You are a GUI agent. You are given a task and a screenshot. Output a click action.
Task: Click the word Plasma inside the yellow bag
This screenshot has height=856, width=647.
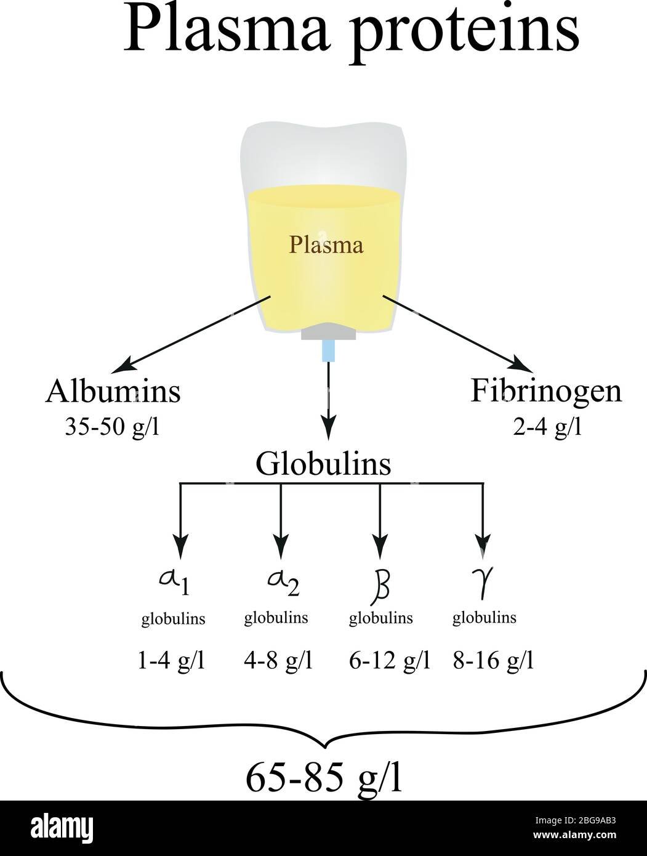(x=326, y=246)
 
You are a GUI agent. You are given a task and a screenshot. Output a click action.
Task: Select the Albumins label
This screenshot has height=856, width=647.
(x=113, y=392)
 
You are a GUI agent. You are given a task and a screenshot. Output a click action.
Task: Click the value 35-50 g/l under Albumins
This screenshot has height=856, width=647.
(x=112, y=426)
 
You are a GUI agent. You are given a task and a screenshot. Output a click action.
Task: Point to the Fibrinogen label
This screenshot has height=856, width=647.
(x=546, y=391)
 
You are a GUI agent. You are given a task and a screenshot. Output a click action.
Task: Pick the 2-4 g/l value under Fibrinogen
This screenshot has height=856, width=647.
(x=547, y=426)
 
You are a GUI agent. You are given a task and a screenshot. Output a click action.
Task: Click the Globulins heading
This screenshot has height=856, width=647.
(x=323, y=464)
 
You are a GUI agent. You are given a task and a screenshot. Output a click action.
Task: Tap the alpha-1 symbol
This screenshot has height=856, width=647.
(x=173, y=581)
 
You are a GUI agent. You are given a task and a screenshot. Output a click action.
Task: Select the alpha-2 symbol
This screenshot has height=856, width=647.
(x=283, y=581)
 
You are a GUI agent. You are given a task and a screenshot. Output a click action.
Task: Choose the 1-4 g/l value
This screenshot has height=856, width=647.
(x=171, y=661)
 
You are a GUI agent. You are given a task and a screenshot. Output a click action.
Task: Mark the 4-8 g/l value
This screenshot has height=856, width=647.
(x=278, y=661)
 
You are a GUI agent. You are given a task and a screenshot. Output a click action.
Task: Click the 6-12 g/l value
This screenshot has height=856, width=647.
(x=389, y=661)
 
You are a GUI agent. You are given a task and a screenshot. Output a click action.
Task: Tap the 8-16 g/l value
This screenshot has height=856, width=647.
(x=492, y=661)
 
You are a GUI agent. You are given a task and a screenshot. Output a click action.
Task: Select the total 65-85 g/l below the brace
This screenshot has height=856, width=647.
(x=324, y=778)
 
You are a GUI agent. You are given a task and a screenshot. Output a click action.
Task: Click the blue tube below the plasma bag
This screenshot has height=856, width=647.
(x=329, y=352)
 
